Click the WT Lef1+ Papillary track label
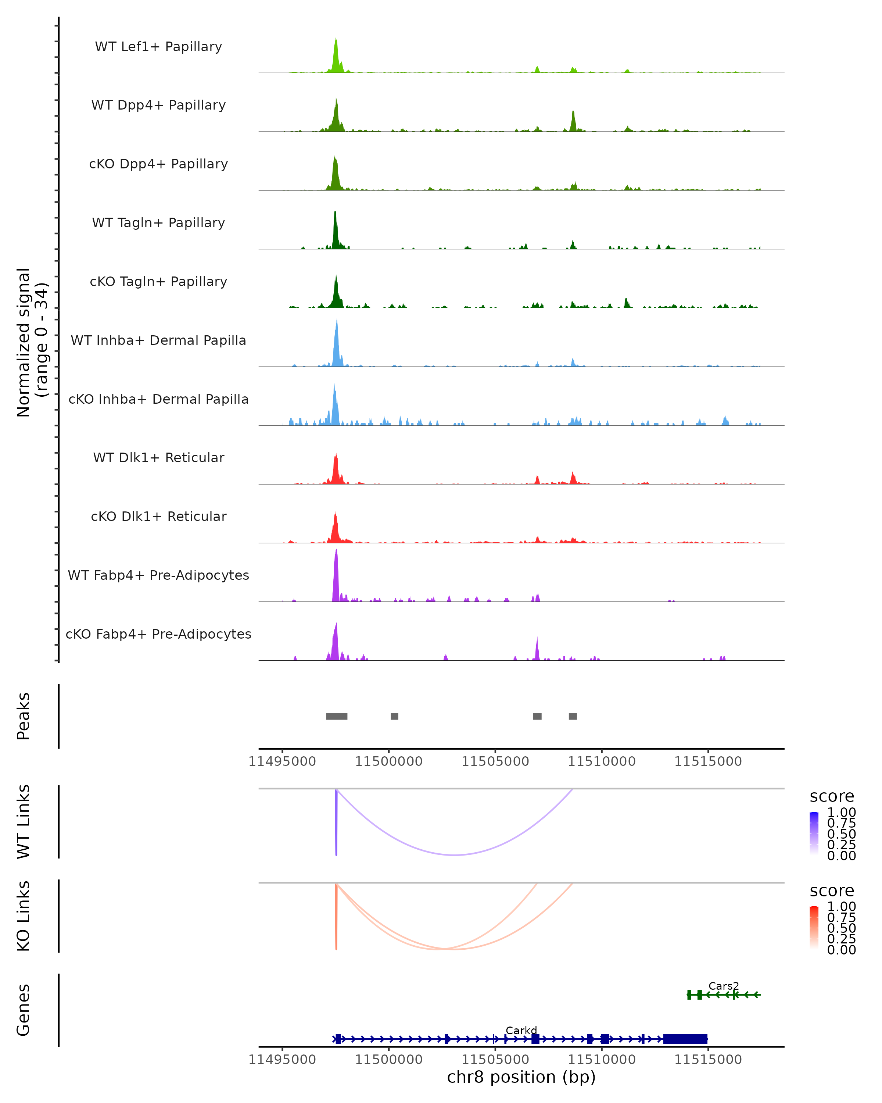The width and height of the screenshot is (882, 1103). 158,47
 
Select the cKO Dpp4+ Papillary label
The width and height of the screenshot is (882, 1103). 158,164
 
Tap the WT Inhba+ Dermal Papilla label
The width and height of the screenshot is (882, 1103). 158,341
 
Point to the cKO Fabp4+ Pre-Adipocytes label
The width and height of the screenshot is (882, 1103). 158,634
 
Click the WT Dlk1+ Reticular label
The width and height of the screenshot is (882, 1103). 158,458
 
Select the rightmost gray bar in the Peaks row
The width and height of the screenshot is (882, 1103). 573,716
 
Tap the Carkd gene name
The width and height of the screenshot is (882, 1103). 521,1030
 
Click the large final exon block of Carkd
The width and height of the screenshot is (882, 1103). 685,1039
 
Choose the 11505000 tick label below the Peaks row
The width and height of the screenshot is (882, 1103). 495,761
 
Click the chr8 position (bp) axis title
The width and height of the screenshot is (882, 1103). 521,1077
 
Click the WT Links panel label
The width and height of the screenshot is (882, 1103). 24,822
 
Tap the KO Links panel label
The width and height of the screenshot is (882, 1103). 24,916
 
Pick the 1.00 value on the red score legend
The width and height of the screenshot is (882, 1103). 841,907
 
